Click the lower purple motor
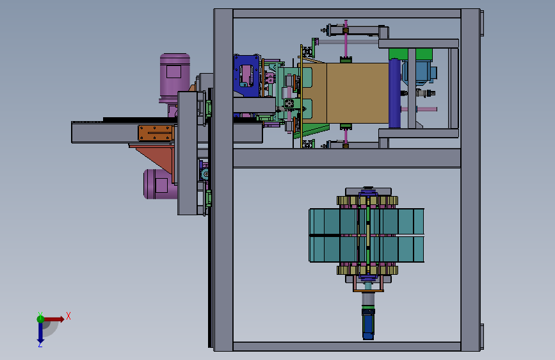pyautogui.click(x=160, y=184)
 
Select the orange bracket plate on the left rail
pyautogui.click(x=156, y=133)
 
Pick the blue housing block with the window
pyautogui.click(x=246, y=76)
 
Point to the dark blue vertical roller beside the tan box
pyautogui.click(x=395, y=94)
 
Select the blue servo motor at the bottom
pyautogui.click(x=368, y=324)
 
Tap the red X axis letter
pyautogui.click(x=68, y=316)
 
